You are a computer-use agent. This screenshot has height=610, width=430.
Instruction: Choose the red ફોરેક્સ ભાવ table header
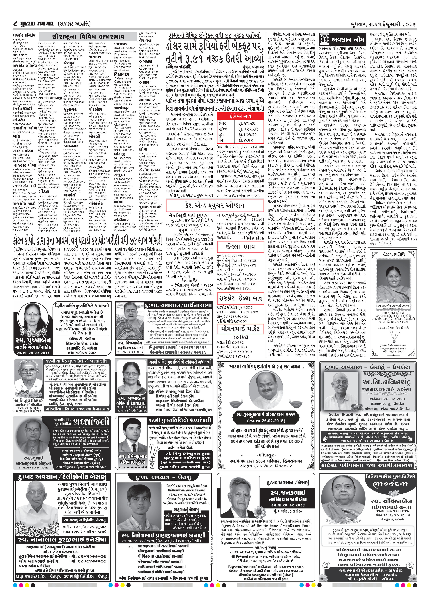(x=241, y=116)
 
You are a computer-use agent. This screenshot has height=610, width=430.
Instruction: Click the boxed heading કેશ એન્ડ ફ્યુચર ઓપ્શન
(x=215, y=205)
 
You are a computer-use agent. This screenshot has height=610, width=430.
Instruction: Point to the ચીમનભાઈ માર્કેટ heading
(x=241, y=329)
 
